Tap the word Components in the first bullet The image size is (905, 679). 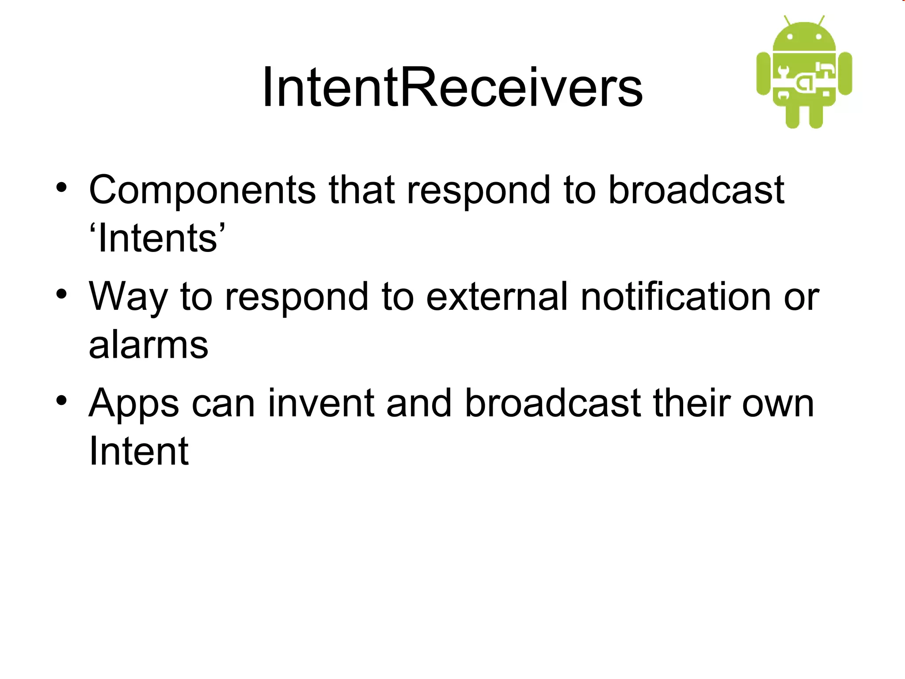202,190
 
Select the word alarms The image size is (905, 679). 148,345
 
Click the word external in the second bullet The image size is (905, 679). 497,297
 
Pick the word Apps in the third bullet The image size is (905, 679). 134,404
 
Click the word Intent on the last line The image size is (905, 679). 139,451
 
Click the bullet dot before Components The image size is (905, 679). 61,188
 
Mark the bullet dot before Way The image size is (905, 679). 61,294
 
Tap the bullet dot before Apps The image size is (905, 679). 61,401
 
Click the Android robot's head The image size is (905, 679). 804,37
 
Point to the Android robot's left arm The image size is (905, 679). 763,73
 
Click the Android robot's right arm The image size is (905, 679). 845,73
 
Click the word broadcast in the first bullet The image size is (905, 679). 696,190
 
